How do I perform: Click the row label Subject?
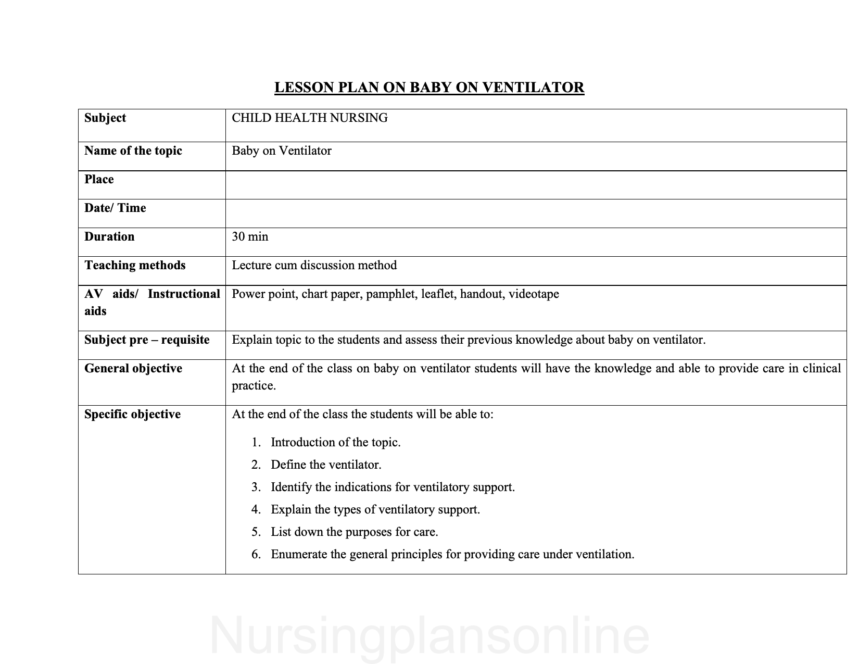[105, 118]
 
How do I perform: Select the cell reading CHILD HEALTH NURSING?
[310, 118]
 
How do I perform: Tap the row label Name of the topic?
[133, 151]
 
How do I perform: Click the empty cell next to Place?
[536, 185]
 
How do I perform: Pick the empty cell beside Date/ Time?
[536, 214]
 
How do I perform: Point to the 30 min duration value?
[250, 237]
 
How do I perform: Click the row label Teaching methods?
[135, 266]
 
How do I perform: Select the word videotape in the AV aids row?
[534, 294]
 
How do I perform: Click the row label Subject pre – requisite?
[147, 340]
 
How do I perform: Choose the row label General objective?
[133, 369]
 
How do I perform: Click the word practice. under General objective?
[254, 386]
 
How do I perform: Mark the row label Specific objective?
[132, 415]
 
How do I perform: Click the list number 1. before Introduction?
[256, 443]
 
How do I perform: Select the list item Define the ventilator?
[326, 465]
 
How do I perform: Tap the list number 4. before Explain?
[256, 510]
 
